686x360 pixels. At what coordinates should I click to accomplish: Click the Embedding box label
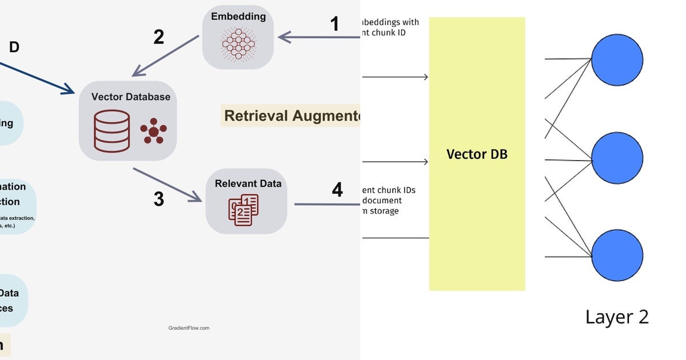pos(238,17)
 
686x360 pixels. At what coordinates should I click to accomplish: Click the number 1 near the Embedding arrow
pos(334,24)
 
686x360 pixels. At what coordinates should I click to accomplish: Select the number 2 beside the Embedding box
pos(158,37)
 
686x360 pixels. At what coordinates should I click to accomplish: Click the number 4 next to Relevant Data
pos(337,190)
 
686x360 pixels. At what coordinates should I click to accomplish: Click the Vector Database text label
pos(130,97)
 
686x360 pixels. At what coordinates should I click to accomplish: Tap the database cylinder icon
pos(112,131)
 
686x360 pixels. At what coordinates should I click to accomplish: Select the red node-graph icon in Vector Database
pos(153,131)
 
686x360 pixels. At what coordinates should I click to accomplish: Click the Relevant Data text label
pos(248,183)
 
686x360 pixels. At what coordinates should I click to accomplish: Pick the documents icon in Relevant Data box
pos(244,210)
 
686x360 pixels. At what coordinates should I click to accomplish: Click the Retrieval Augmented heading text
pos(292,116)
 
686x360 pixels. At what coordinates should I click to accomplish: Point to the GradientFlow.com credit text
pos(189,328)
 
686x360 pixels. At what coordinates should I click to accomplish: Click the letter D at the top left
pos(14,47)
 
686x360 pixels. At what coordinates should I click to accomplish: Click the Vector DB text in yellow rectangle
pos(477,154)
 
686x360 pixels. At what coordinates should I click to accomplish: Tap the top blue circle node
pos(617,59)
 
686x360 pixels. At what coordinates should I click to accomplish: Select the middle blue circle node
pos(617,157)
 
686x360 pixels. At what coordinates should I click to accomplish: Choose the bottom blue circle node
pos(617,255)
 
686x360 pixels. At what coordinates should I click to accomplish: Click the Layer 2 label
pos(617,317)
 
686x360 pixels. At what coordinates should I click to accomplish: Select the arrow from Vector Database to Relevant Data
pos(167,185)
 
